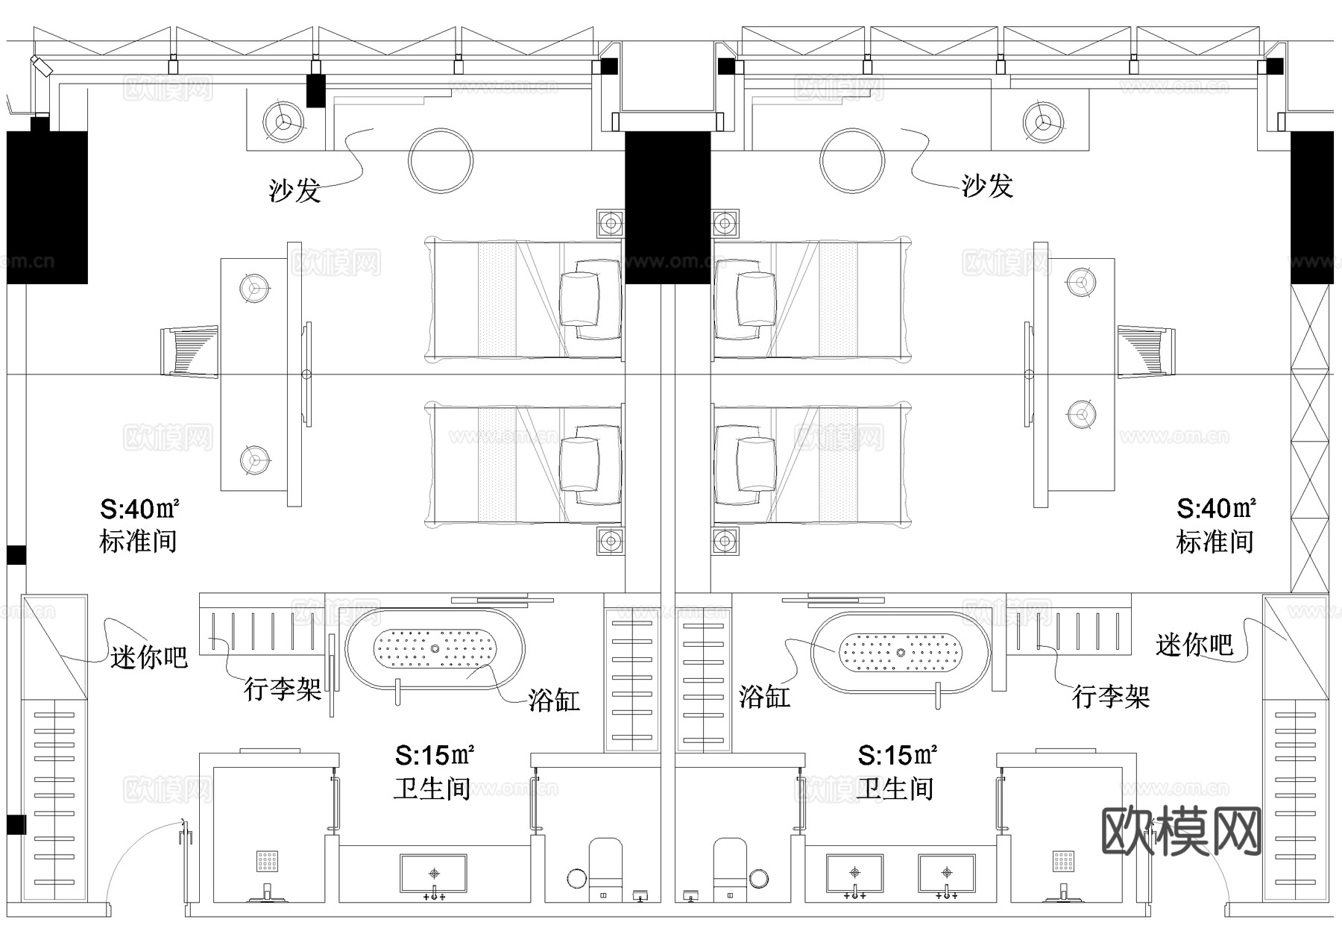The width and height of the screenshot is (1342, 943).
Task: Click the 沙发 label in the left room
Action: [x=295, y=190]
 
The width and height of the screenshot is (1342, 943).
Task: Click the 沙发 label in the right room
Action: [x=987, y=185]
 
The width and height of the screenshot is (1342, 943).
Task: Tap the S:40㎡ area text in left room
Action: [x=139, y=510]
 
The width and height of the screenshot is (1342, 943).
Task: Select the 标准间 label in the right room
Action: [x=1215, y=542]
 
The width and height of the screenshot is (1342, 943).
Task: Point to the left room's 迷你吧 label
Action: [x=149, y=657]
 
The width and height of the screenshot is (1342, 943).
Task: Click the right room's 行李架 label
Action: [x=1111, y=697]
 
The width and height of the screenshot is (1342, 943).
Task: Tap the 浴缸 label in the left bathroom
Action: [x=554, y=700]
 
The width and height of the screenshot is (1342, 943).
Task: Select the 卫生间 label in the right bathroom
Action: [x=895, y=789]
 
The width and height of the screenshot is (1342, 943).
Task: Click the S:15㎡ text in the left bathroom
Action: [x=435, y=756]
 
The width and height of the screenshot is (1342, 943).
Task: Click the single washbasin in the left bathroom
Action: [x=434, y=874]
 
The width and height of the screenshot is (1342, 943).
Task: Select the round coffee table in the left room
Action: [x=441, y=161]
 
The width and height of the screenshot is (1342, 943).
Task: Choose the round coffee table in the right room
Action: [x=852, y=161]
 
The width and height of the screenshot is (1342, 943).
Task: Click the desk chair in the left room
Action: [x=189, y=351]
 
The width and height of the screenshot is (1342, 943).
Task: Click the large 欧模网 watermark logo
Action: [x=1181, y=830]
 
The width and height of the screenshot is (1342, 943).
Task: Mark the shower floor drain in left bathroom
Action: [x=268, y=861]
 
